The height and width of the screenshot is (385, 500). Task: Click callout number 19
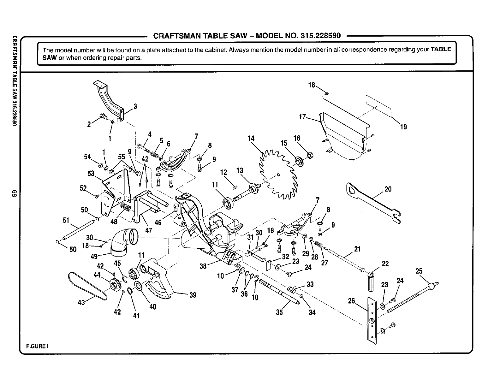click(x=403, y=127)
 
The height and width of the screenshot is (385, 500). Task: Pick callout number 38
click(x=203, y=266)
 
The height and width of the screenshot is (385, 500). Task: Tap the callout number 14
click(x=251, y=138)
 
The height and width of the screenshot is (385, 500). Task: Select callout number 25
click(x=419, y=271)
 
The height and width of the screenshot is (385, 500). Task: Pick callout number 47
click(x=148, y=230)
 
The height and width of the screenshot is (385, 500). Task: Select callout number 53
click(x=91, y=174)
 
